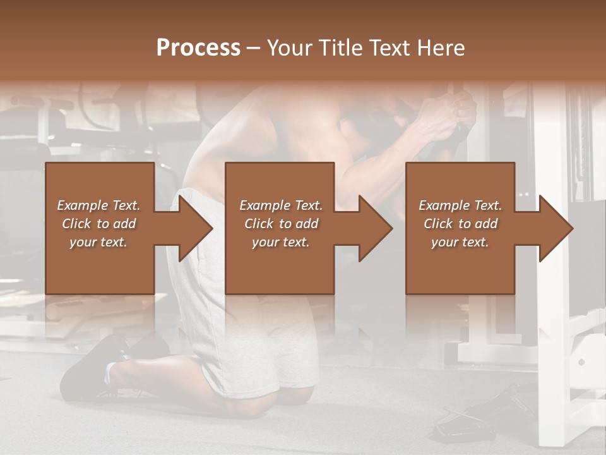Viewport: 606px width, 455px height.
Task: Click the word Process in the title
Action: (198, 48)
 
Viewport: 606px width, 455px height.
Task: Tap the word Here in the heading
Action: (439, 48)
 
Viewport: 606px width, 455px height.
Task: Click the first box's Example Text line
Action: (98, 205)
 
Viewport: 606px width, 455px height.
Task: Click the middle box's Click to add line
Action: (281, 224)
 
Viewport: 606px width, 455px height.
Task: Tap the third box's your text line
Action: (460, 242)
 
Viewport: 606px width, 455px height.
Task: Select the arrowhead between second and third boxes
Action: (375, 228)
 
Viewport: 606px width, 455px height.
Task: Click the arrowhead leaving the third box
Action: (555, 228)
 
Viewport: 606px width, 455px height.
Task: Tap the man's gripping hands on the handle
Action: (451, 114)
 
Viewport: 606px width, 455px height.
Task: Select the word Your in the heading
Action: (291, 48)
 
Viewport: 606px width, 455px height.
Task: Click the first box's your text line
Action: (98, 242)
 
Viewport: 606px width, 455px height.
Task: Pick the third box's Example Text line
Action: (460, 205)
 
